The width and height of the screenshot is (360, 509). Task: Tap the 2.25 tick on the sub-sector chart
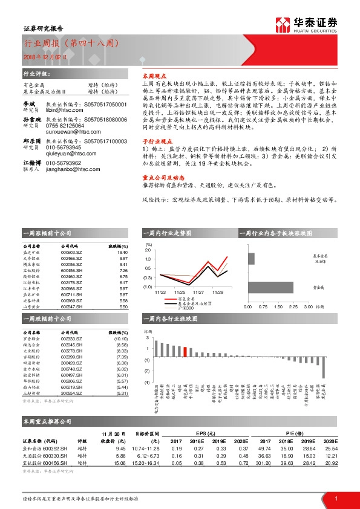tap(293, 306)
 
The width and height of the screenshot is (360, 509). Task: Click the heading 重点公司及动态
tap(159, 195)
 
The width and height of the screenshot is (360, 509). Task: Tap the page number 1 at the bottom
tap(336, 498)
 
